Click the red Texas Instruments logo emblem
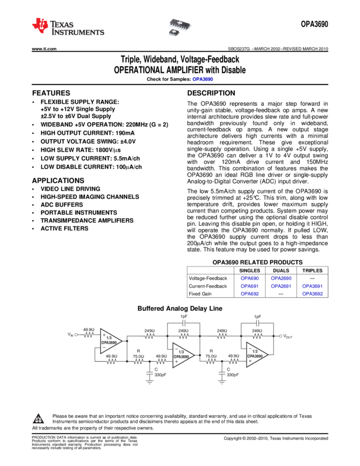[x=39, y=25]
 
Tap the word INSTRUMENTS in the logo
[x=78, y=33]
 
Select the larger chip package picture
[x=181, y=24]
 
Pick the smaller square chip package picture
[x=174, y=33]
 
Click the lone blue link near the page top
[x=203, y=79]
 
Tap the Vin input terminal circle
[x=76, y=334]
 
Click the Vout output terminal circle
[x=281, y=336]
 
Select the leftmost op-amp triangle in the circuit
[x=112, y=342]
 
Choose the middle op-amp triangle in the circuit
[x=184, y=355]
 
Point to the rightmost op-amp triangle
[x=257, y=355]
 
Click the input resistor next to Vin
[x=88, y=334]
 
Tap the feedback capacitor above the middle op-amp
[x=184, y=323]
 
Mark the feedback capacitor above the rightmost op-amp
[x=258, y=323]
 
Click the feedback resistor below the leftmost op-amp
[x=111, y=361]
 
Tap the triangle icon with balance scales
[x=38, y=419]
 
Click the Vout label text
[x=288, y=337]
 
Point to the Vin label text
[x=70, y=334]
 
